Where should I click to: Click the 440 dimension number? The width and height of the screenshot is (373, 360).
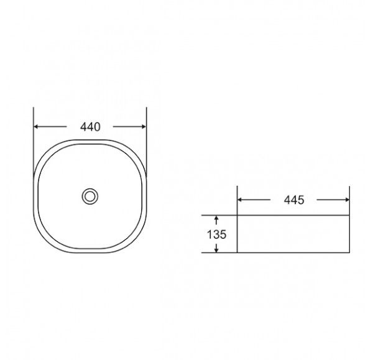click(90, 127)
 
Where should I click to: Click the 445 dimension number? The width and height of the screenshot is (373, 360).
click(294, 200)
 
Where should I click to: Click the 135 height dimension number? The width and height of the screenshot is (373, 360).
click(216, 234)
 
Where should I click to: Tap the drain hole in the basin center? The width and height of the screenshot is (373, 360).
click(90, 196)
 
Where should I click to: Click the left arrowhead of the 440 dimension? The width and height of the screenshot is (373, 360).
click(36, 127)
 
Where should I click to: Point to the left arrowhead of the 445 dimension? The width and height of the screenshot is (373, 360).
click(240, 200)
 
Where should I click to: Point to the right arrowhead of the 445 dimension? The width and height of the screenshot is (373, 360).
click(347, 200)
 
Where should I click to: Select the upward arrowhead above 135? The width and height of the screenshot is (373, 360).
click(216, 218)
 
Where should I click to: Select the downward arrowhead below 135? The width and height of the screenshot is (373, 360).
click(216, 250)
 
